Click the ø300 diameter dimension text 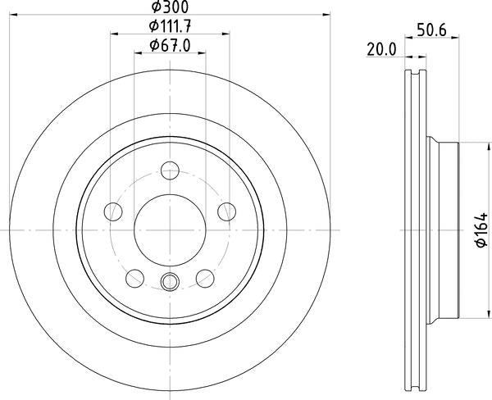169,7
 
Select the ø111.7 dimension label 170,26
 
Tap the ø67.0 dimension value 170,47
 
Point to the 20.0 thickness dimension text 381,49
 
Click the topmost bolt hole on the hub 170,171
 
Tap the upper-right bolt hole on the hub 226,212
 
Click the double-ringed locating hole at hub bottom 170,282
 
